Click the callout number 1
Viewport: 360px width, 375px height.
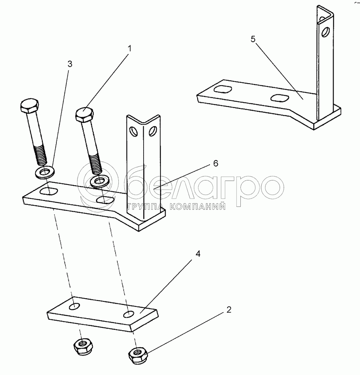point(129,49)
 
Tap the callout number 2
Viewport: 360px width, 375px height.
point(229,310)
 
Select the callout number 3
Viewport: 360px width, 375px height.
point(70,64)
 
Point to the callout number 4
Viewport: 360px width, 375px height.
point(198,254)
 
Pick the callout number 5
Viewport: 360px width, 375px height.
point(253,39)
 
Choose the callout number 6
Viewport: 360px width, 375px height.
point(216,164)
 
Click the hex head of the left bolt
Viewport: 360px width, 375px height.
point(30,106)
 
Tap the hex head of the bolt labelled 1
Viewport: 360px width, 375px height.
point(85,115)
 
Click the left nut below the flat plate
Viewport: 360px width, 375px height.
point(83,347)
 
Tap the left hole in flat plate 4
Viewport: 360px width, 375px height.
point(74,306)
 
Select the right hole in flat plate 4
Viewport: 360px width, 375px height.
point(129,315)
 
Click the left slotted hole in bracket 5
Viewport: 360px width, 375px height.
point(223,89)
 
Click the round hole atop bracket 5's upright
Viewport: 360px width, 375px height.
point(325,32)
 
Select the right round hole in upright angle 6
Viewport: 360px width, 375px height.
point(152,131)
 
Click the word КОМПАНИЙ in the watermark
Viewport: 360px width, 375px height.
point(198,207)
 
